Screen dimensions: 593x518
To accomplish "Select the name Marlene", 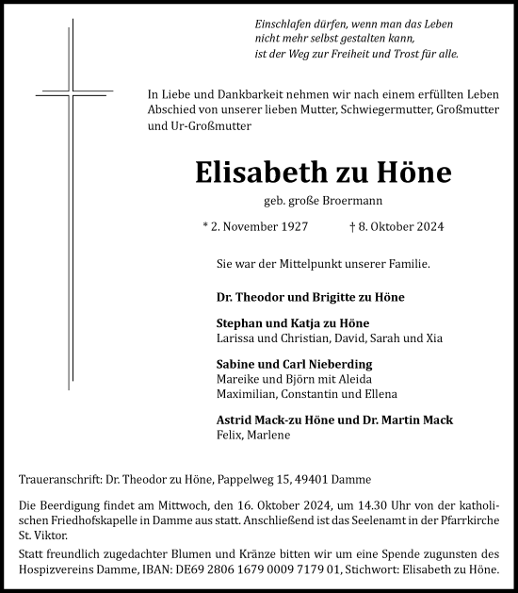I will coord(270,436).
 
